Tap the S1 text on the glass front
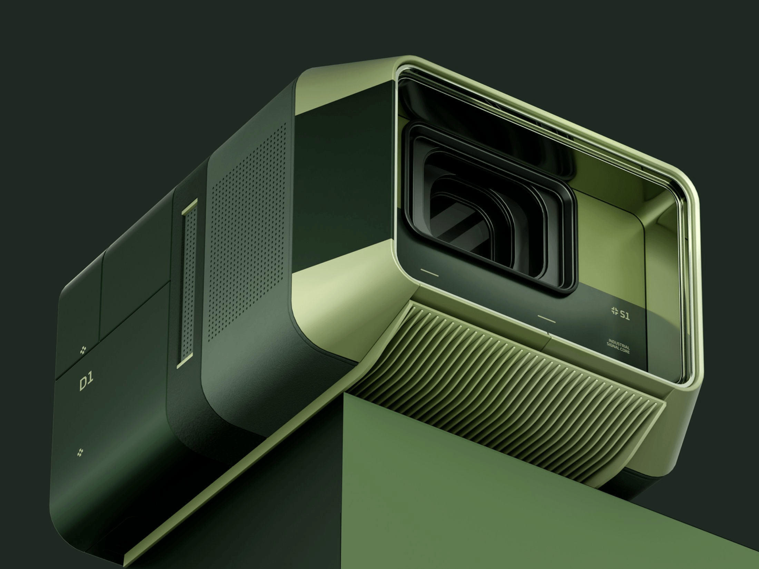coord(624,315)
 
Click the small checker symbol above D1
coord(83,350)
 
